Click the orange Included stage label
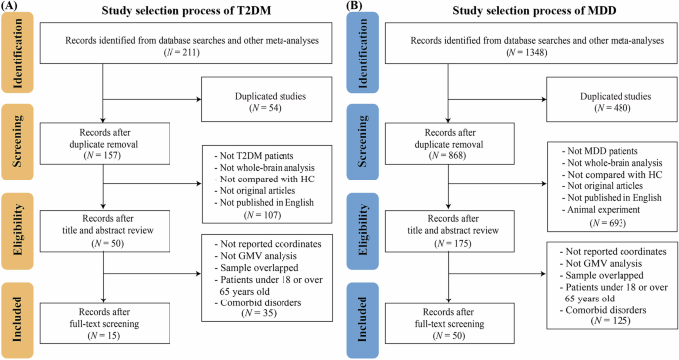[x=19, y=313]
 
